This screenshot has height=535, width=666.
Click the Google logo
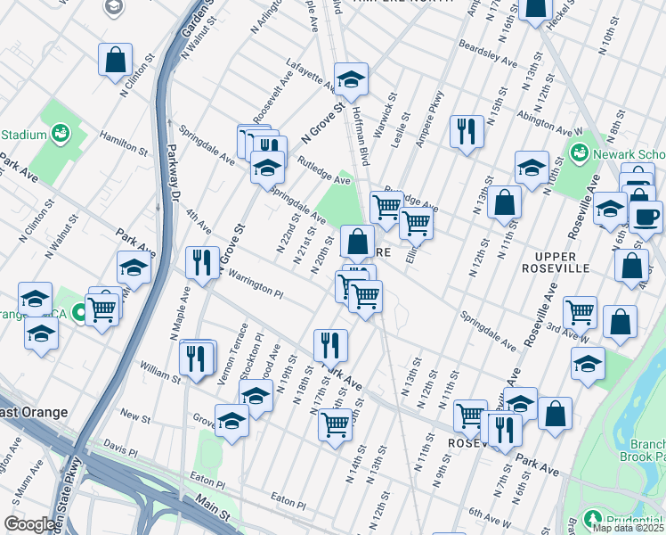point(29,524)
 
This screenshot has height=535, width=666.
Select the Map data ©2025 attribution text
point(628,528)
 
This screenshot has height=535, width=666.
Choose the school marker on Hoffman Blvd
point(351,80)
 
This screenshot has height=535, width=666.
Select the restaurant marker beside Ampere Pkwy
point(466,132)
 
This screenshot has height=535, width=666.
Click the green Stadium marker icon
point(61,135)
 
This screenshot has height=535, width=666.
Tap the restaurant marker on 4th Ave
point(202,263)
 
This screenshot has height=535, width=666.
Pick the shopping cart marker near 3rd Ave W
point(580,312)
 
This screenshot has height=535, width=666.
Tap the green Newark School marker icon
point(580,152)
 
